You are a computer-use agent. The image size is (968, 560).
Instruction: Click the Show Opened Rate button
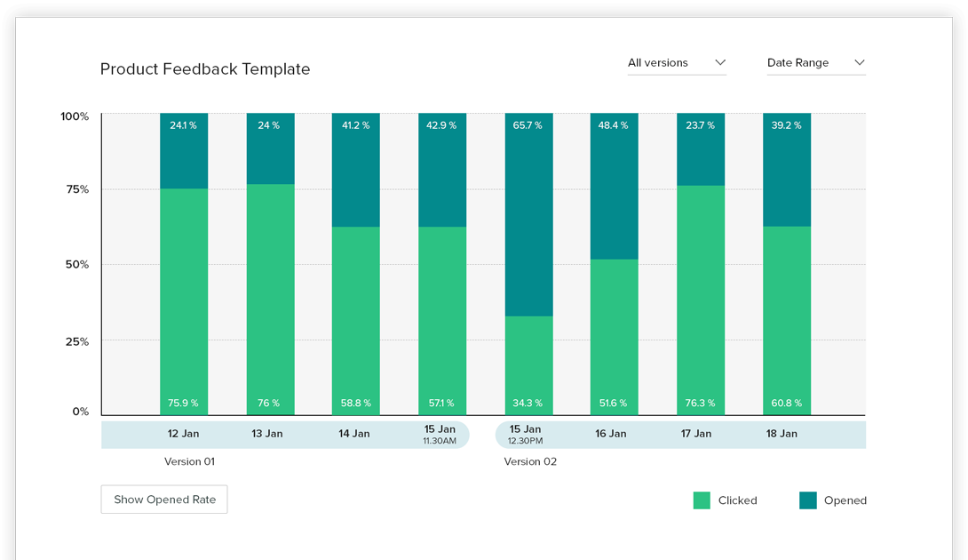(164, 500)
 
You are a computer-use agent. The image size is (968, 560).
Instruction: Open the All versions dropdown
(677, 63)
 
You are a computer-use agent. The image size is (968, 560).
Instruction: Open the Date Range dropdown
(815, 63)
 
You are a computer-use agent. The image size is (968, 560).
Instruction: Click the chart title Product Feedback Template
(205, 69)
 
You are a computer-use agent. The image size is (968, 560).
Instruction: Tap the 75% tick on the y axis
(75, 189)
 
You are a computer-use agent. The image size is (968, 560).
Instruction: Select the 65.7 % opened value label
(528, 125)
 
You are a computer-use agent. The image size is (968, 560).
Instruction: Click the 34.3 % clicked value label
(528, 404)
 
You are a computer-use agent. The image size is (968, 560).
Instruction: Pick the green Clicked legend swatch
(702, 500)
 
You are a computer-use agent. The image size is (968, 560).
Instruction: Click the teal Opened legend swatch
(807, 500)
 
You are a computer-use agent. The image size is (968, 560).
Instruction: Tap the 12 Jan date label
(183, 434)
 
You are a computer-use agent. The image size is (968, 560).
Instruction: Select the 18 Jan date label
(782, 434)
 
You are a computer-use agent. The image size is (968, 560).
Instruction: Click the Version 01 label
(189, 461)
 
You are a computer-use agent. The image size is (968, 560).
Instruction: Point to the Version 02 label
(530, 461)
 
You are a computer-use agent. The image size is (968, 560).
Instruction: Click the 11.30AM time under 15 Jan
(440, 441)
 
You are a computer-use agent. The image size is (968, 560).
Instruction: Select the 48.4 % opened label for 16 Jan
(613, 125)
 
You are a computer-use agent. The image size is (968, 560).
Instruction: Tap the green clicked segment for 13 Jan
(270, 293)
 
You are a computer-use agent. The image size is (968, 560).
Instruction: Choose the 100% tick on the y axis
(75, 116)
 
